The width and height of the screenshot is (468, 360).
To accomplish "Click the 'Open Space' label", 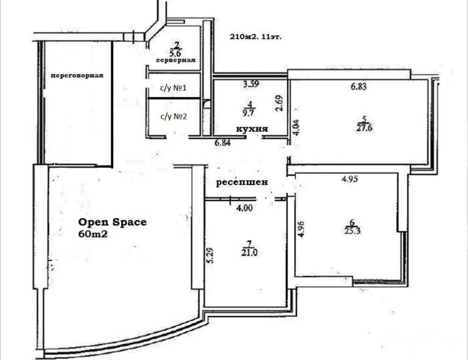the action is tap(112, 222).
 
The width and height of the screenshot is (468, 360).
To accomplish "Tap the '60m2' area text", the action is tap(93, 234).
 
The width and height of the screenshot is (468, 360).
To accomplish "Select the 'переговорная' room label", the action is tap(77, 76).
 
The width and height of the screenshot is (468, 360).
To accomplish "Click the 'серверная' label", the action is tap(176, 60).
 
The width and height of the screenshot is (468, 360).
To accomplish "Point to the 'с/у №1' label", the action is tap(173, 88).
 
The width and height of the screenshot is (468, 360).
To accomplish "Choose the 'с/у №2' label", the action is tap(174, 116).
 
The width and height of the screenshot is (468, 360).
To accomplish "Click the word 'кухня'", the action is tap(252, 129).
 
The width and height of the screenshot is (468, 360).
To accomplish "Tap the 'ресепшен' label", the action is tap(242, 182).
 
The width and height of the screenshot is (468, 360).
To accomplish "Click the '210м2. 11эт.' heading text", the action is tap(255, 37).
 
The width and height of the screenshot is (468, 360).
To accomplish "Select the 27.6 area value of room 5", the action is tap(364, 128).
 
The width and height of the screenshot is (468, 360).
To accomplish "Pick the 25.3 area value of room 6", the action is tap(353, 231).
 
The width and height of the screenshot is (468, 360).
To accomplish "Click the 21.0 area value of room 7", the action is tap(249, 253).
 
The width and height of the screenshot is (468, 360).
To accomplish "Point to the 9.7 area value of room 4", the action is tap(249, 113).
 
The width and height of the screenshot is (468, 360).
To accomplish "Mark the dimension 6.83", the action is tap(358, 86).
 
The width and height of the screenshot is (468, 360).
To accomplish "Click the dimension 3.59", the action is tap(251, 84).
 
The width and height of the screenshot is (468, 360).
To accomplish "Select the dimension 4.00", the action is tap(245, 208).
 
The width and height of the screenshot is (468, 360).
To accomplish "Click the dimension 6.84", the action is tap(222, 143).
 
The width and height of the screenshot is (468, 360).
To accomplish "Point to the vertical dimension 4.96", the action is tap(302, 229).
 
